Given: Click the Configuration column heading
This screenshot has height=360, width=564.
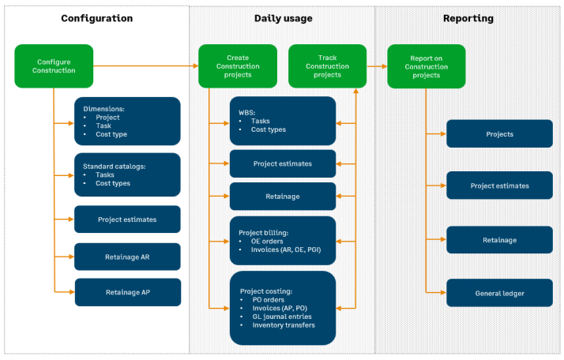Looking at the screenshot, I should [96, 18].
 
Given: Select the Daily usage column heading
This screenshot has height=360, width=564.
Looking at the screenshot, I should [282, 18].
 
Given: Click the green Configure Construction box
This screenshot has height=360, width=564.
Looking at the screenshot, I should [54, 66].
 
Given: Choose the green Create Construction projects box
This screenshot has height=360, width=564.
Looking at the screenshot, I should [238, 66].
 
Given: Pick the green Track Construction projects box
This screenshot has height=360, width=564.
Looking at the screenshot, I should [327, 66].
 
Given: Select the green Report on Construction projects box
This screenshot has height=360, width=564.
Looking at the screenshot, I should [426, 66].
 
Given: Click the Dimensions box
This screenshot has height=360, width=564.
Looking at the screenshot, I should [127, 121].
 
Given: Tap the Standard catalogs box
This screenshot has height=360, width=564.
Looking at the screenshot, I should [127, 175].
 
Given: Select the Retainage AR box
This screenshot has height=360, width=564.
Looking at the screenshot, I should [127, 257].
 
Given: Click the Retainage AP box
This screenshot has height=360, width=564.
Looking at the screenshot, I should [127, 292].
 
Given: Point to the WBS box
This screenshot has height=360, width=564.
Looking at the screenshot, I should [282, 121].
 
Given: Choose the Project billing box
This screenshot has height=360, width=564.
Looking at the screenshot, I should [282, 240].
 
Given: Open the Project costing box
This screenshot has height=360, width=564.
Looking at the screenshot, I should [282, 307].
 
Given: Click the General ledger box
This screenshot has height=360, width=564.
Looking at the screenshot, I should [499, 293].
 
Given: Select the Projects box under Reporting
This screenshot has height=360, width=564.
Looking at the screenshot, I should [499, 134].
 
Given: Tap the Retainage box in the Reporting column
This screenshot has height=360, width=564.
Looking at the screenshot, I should [499, 240].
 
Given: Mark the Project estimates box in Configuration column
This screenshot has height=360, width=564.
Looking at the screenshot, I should [127, 219].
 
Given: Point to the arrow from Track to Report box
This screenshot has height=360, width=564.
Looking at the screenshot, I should [377, 66].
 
